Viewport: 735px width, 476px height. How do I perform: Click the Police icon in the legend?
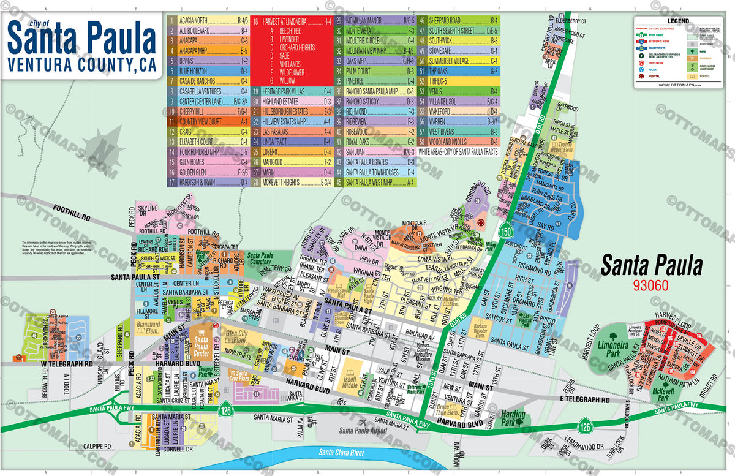[x=640, y=70]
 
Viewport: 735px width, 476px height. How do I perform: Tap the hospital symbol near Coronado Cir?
[x=481, y=222]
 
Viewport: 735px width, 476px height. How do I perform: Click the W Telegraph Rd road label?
[x=67, y=363]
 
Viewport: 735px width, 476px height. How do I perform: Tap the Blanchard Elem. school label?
[x=148, y=328]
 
